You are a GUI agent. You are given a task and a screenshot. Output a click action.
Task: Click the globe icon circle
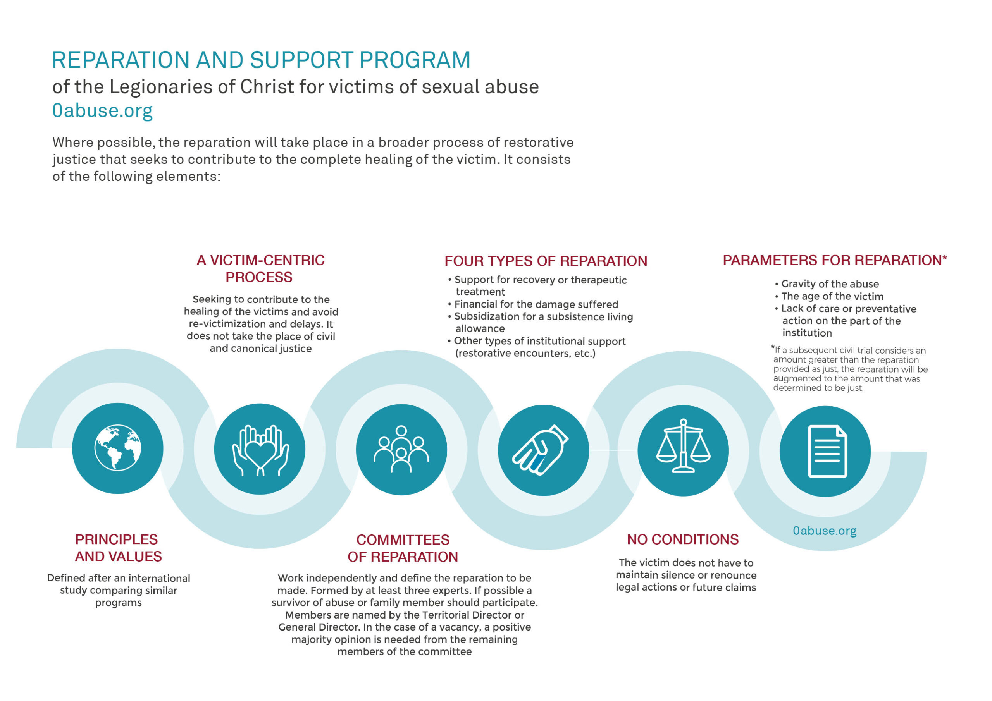pos(117,448)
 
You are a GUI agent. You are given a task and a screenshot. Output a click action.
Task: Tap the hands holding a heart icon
pos(260,450)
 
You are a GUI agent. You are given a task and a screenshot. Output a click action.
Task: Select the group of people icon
pos(401,449)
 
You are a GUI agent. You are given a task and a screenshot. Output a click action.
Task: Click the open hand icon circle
pos(544,450)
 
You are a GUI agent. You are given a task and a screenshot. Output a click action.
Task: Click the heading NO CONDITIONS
pos(683,539)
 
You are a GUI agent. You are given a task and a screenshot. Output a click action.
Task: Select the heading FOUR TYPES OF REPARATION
pos(546,261)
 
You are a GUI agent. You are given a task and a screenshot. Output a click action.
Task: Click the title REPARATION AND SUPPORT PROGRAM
pos(261,60)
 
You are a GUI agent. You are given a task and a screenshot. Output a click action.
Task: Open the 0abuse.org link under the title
pos(102,110)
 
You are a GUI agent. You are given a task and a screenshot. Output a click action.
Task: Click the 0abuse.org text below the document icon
pos(824,531)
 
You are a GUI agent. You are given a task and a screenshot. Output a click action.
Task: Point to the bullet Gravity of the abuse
pos(827,284)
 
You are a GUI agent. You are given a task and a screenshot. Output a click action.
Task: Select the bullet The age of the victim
pos(830,296)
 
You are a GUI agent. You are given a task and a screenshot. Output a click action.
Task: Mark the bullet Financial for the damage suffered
pos(533,304)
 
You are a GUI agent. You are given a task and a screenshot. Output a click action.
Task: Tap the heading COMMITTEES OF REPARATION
pos(403,548)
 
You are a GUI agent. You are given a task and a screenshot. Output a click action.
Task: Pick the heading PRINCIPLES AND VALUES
pos(118,548)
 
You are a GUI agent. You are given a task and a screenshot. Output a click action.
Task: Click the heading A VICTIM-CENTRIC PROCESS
pos(260,269)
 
